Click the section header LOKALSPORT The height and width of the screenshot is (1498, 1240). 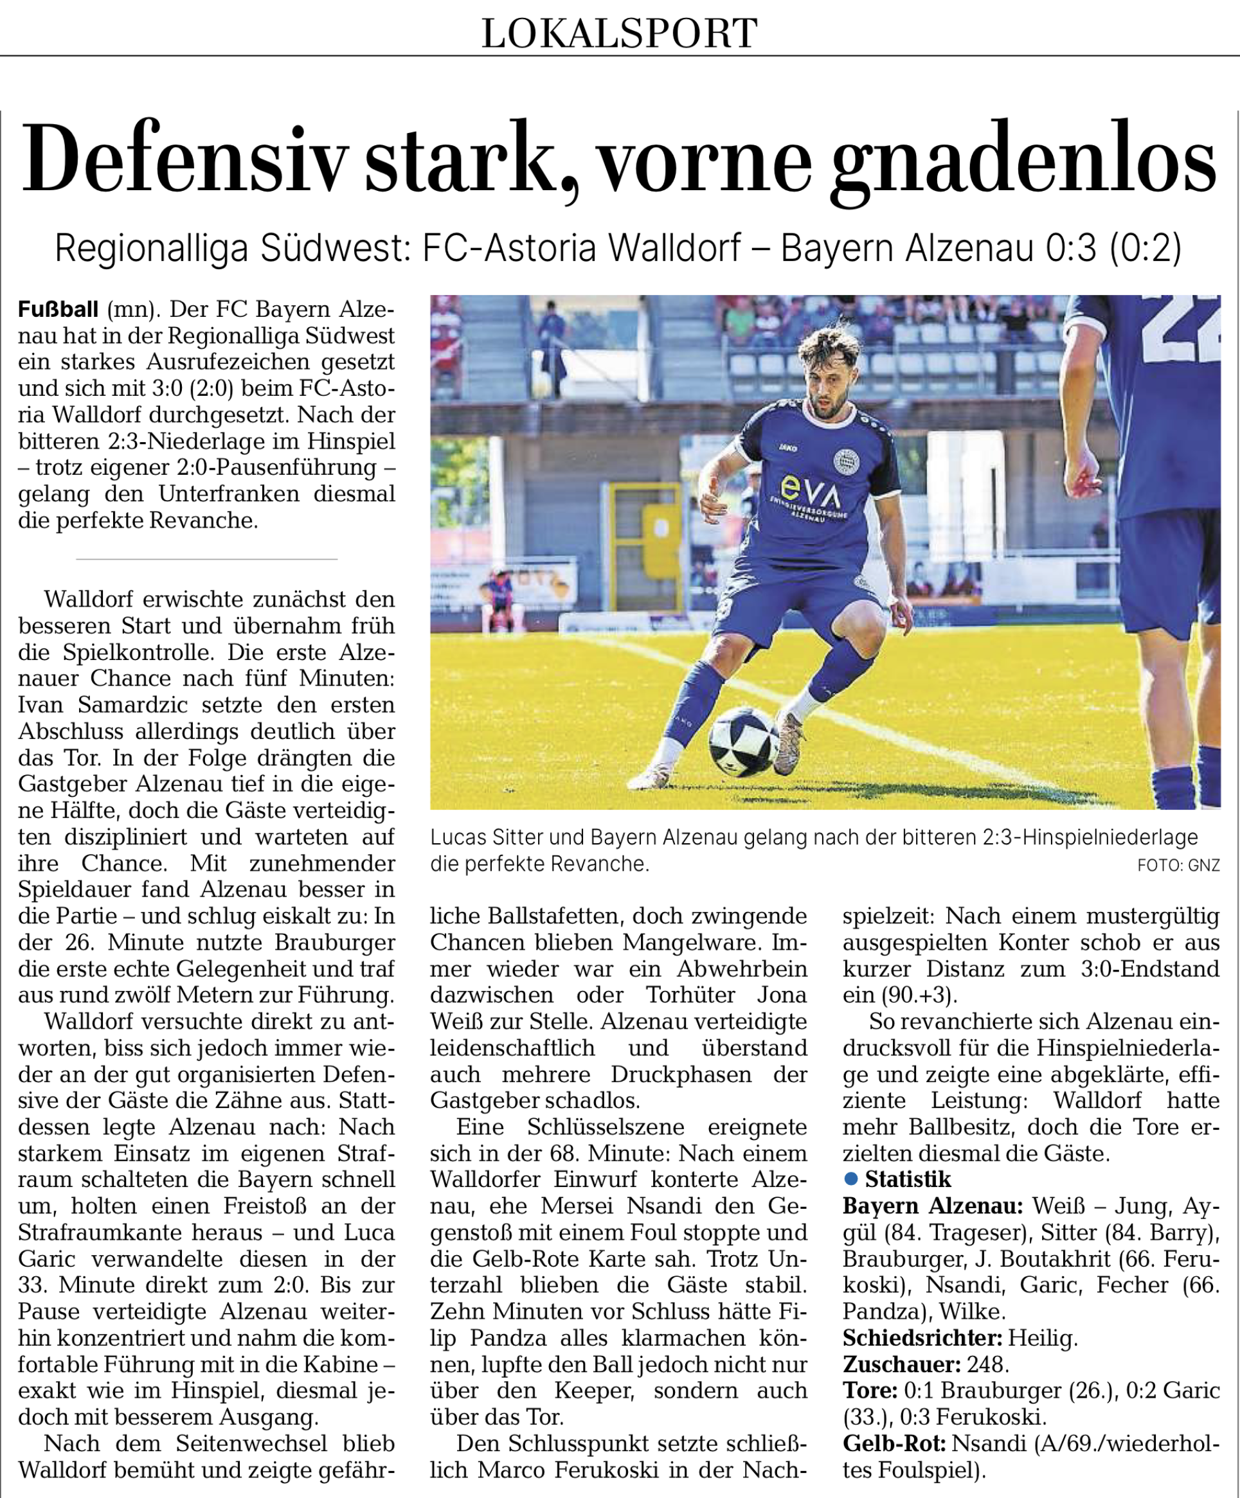[619, 33]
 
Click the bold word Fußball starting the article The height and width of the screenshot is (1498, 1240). [58, 310]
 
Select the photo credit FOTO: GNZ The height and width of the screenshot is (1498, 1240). [1178, 865]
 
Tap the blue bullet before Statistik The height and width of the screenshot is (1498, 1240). [850, 1179]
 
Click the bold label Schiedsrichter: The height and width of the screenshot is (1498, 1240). [922, 1337]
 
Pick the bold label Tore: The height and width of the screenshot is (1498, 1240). [869, 1390]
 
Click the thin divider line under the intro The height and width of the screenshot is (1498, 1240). [206, 559]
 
